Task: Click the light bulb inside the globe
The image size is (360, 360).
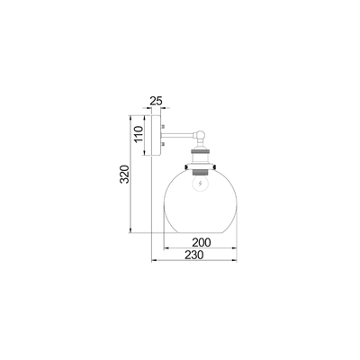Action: click(200, 184)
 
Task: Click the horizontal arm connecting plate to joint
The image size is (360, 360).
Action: click(180, 137)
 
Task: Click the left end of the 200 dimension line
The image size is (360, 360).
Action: click(165, 248)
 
